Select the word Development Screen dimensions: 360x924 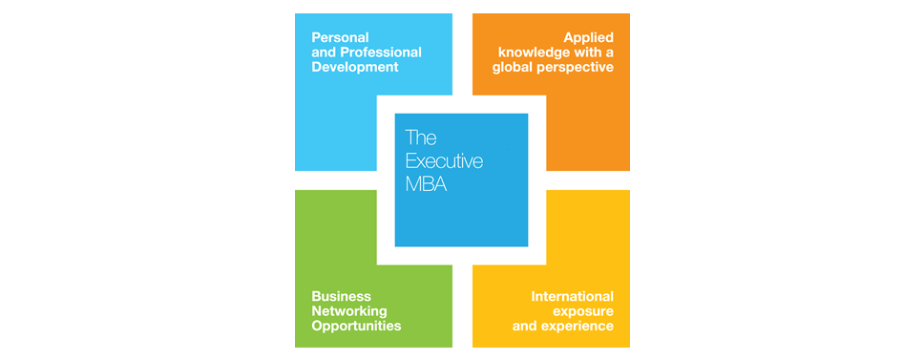click(x=354, y=68)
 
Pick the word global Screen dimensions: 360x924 click(x=514, y=68)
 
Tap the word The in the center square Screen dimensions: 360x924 click(x=420, y=138)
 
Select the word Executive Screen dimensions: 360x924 click(x=444, y=161)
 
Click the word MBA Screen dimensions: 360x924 click(x=426, y=184)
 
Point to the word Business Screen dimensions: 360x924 click(x=341, y=296)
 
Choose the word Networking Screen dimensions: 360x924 click(x=349, y=311)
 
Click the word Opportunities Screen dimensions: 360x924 click(x=356, y=327)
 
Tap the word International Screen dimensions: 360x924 click(x=572, y=296)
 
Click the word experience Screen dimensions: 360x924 click(x=577, y=327)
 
